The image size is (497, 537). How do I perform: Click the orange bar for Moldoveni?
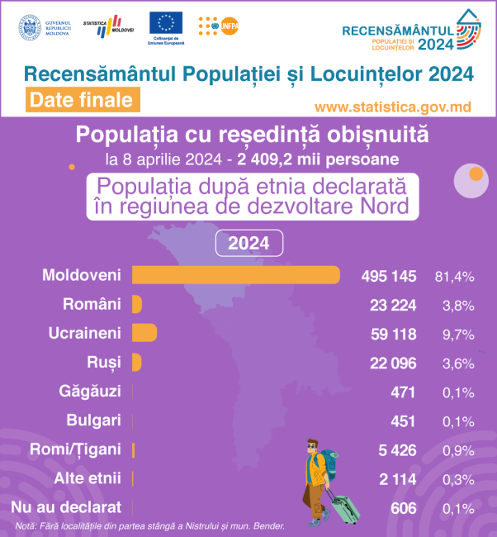point(236,274)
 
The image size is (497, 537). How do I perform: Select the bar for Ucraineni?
point(144,333)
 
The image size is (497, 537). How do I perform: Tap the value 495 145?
point(389,275)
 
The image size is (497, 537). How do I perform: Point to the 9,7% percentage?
point(458,334)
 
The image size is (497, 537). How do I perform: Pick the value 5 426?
point(397,450)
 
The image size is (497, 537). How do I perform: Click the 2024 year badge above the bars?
point(248,244)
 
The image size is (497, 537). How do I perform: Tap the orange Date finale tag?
point(80,100)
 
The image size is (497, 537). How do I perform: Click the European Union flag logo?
point(167,24)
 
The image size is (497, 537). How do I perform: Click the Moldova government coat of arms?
point(29,26)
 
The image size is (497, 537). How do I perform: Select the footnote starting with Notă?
point(149,525)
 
